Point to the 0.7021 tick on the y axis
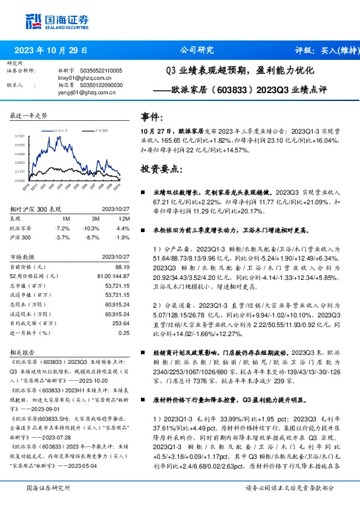click(x=20, y=137)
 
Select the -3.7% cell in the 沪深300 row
click(x=62, y=238)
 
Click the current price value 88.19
click(x=123, y=267)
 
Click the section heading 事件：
click(x=152, y=117)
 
